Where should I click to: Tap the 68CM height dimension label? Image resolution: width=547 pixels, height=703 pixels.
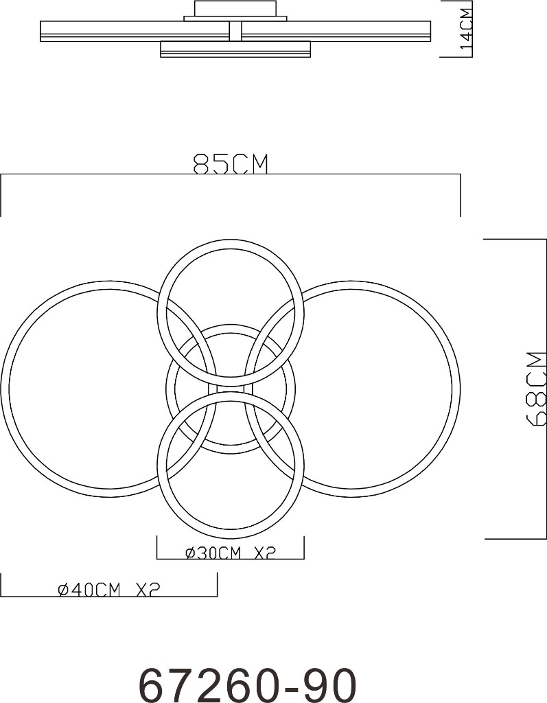click(537, 388)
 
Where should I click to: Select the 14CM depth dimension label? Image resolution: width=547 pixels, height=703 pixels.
click(466, 29)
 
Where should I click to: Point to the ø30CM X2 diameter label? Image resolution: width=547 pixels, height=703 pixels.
click(230, 553)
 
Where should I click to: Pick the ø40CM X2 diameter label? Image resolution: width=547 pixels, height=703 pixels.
click(109, 590)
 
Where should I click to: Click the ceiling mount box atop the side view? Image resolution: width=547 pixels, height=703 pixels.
click(235, 8)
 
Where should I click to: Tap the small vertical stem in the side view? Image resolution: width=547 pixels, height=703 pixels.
click(235, 31)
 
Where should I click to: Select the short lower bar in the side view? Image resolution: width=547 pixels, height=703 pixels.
click(235, 49)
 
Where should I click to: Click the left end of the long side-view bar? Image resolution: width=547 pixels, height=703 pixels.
click(40, 31)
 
